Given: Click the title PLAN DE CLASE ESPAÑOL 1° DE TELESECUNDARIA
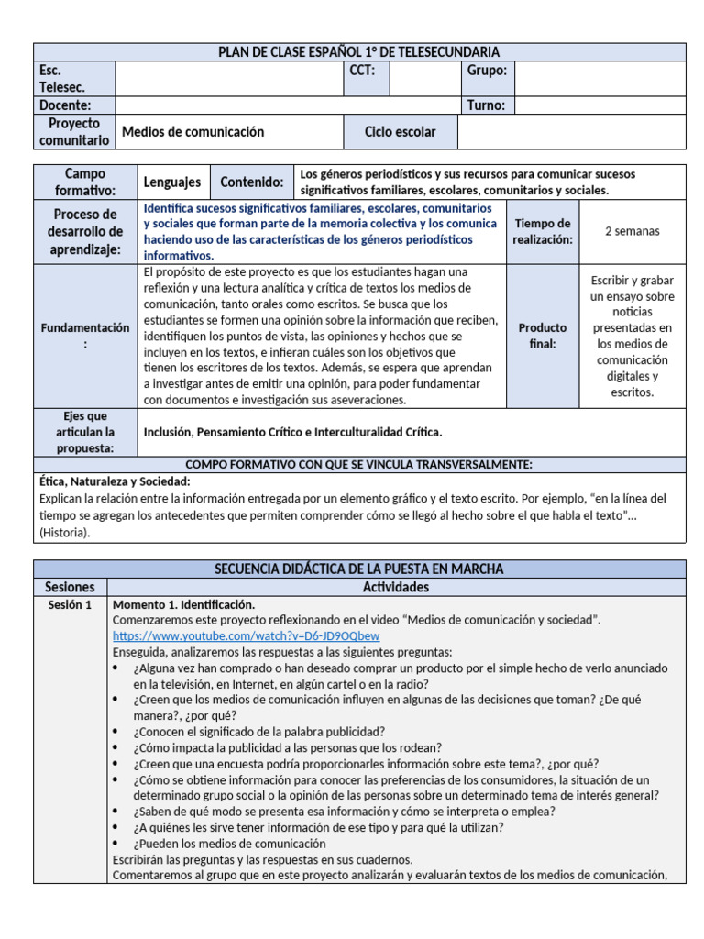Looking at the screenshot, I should coord(358,52).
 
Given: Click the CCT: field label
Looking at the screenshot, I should coord(363,71).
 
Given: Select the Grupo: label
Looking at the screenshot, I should coord(487,71).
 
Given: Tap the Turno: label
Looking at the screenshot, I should coord(486,105).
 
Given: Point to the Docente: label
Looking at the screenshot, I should coord(66,105).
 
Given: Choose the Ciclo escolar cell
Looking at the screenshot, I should coord(400,132).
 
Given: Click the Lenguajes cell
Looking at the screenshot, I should coord(172,182).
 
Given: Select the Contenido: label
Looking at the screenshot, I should coord(251,182).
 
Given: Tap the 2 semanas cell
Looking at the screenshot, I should coord(632,232).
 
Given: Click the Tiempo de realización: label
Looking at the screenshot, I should coord(543,232).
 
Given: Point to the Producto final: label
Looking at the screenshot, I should coord(543,336).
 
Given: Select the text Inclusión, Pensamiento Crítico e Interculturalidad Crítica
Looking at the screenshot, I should coord(292,432).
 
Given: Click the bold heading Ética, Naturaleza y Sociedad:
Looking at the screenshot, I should coord(115,481).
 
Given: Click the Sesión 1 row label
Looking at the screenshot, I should coord(70,605).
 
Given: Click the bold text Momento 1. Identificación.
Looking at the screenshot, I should coord(183,605).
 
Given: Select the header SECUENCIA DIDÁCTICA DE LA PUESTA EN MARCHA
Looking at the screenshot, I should coord(358,569).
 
